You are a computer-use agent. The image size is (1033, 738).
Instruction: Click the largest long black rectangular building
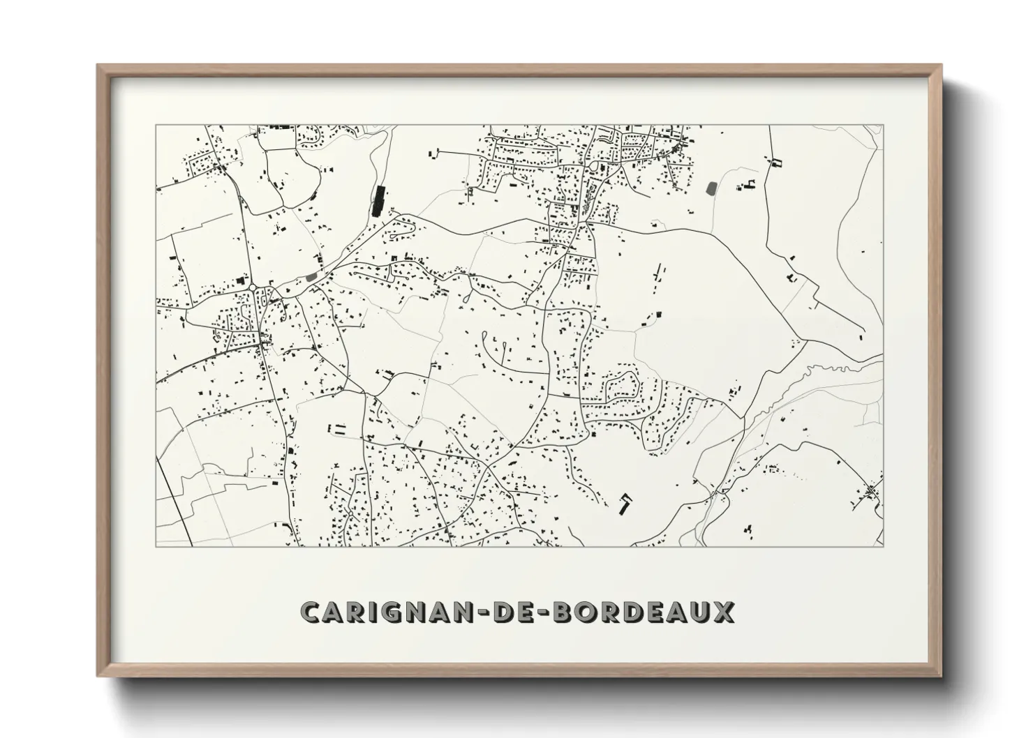point(379,200)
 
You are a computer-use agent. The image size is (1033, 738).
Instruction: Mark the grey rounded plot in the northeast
point(712,188)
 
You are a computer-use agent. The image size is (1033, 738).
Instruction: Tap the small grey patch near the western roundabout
point(311,277)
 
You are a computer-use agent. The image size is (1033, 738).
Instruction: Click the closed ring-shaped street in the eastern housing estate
point(621,387)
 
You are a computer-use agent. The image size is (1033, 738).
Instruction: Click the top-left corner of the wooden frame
point(98,66)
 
